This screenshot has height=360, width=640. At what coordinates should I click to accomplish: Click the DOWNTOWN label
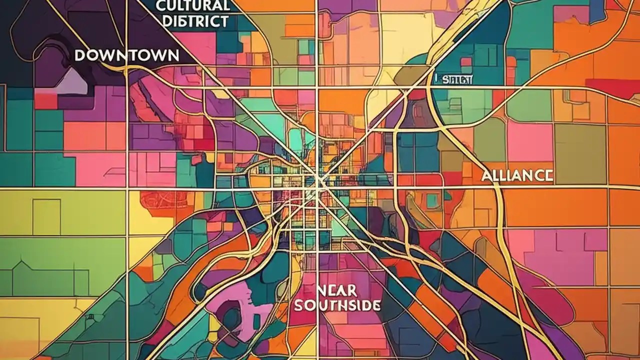126,55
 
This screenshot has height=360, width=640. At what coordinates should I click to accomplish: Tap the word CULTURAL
192,6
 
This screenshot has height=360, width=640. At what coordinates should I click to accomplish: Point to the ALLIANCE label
517,175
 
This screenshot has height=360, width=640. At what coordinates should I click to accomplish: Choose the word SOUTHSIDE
337,305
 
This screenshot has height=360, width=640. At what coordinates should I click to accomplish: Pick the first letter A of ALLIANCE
486,175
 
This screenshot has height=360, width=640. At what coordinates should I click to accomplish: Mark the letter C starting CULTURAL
160,6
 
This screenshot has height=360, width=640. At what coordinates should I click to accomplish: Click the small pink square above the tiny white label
466,62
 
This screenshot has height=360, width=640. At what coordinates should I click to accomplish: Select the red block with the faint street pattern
160,200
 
